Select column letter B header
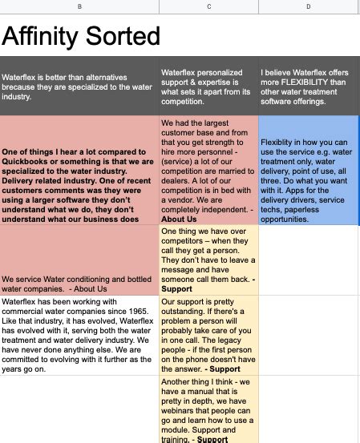point(79,7)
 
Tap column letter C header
point(208,7)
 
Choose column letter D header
point(309,7)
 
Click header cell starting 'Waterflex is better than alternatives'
point(79,86)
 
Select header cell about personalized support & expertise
point(208,86)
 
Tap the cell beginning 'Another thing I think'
point(208,411)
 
